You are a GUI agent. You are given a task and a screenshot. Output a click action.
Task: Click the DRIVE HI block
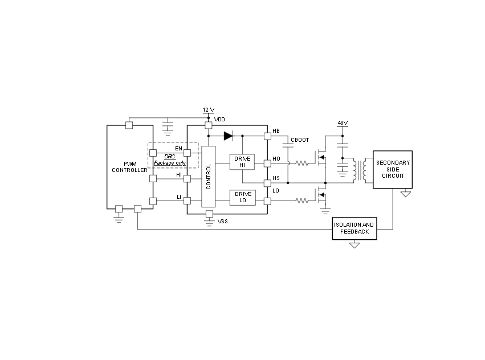[x=242, y=162]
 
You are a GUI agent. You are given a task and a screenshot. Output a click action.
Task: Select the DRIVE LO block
[x=243, y=198]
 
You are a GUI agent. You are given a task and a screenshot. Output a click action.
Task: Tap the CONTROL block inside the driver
[x=209, y=177]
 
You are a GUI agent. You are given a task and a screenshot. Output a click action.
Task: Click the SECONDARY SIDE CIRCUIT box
[x=393, y=170]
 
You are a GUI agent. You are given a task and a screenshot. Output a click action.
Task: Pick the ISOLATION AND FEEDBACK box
[x=354, y=228]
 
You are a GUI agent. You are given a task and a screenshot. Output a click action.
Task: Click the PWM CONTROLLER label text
[x=129, y=167]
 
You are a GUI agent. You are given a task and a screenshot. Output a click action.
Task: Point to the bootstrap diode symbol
[x=229, y=136]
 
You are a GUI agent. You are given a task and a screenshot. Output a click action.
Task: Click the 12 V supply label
[x=209, y=110]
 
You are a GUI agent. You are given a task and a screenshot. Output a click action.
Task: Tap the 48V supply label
[x=343, y=123]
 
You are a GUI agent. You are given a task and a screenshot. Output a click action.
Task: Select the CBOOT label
[x=300, y=140]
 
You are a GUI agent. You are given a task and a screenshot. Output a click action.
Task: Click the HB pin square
[x=267, y=136]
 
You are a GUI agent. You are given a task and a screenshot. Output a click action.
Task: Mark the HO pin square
[x=267, y=163]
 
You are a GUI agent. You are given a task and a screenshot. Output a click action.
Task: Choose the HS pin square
[x=267, y=183]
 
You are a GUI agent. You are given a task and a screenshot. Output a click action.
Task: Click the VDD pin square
[x=209, y=125]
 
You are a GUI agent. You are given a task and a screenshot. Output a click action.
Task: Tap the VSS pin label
[x=223, y=222]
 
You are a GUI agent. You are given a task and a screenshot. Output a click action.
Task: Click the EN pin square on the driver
[x=187, y=153]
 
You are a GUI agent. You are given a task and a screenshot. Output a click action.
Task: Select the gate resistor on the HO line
[x=302, y=163]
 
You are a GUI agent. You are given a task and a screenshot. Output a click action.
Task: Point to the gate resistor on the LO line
[x=302, y=201]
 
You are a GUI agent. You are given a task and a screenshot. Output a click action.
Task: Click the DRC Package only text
[x=170, y=159]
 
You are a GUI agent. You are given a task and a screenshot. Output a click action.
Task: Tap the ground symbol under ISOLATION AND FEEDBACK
[x=354, y=246]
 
